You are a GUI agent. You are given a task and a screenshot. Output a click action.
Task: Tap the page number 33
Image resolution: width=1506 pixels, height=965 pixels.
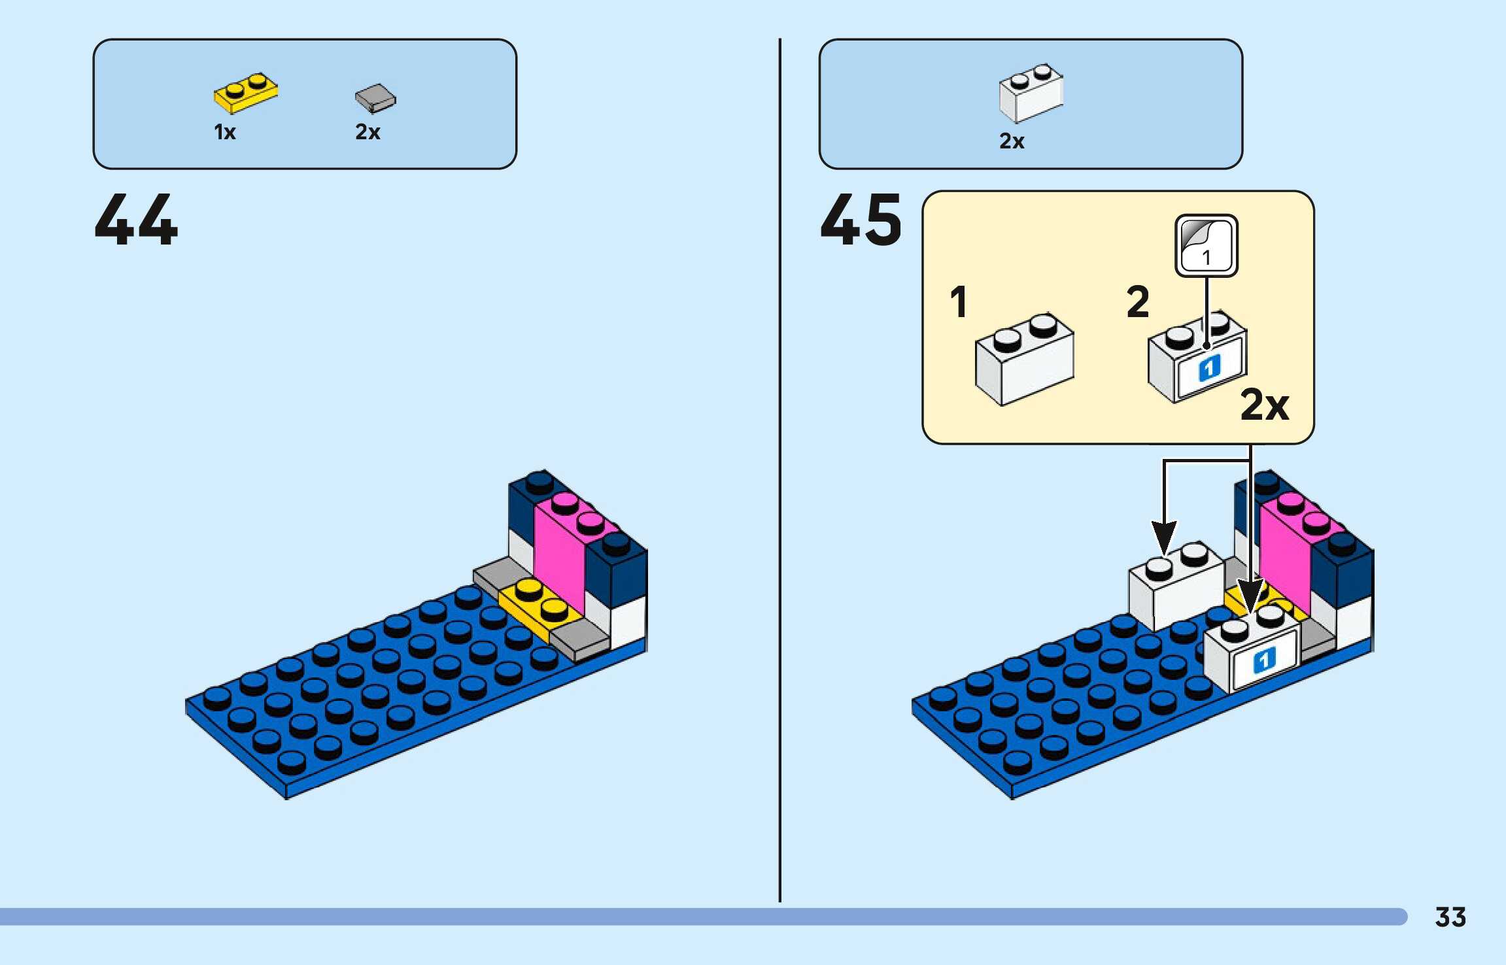pyautogui.click(x=1450, y=917)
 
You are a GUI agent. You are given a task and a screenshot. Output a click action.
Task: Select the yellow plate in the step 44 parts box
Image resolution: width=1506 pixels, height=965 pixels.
pyautogui.click(x=245, y=93)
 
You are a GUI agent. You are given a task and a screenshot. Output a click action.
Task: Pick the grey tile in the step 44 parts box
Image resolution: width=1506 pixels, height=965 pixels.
pyautogui.click(x=375, y=98)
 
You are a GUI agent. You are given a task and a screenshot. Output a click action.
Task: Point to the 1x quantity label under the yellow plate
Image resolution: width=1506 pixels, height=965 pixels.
pyautogui.click(x=225, y=132)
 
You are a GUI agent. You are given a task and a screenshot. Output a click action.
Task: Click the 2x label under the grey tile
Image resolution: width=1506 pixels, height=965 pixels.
pyautogui.click(x=368, y=132)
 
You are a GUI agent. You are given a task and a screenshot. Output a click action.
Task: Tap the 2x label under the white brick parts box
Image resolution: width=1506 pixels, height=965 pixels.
pyautogui.click(x=1012, y=141)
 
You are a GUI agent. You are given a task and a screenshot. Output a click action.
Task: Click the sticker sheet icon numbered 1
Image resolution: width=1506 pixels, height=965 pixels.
pyautogui.click(x=1207, y=246)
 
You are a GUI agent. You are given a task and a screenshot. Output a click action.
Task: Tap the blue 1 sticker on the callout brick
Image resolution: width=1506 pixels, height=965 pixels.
pyautogui.click(x=1209, y=368)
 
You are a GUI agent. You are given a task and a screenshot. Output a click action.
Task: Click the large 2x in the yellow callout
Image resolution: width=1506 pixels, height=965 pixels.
pyautogui.click(x=1264, y=405)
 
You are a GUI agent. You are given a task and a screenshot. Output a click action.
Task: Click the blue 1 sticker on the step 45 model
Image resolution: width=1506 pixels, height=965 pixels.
pyautogui.click(x=1264, y=660)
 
